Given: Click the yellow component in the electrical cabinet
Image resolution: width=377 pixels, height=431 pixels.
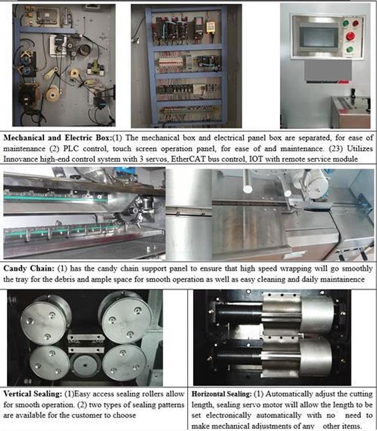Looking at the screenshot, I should pyautogui.click(x=210, y=25).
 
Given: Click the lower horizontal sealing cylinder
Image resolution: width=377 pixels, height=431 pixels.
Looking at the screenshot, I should pyautogui.click(x=297, y=357).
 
